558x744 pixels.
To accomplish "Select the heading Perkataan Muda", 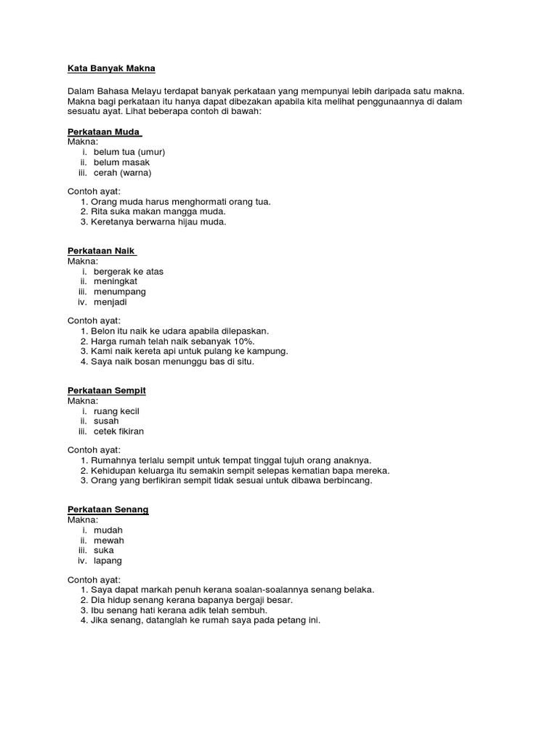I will [103, 132].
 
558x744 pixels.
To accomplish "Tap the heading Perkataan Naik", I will [101, 251].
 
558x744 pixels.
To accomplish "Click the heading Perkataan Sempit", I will [107, 390].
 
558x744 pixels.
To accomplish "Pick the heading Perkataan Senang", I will [108, 509].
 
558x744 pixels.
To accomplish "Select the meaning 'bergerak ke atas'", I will [129, 271].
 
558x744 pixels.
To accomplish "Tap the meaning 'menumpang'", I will [120, 291].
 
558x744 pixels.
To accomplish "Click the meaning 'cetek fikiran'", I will [119, 431].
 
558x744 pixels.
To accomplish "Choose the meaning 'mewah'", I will [109, 540].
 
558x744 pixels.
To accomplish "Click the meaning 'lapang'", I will [108, 560].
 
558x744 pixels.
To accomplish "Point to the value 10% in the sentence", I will [244, 341].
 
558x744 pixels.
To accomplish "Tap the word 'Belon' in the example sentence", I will [103, 331].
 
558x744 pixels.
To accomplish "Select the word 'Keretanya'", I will [113, 222].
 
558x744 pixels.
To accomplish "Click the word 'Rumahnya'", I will [113, 460].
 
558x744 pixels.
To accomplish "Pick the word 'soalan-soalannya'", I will [280, 589].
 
